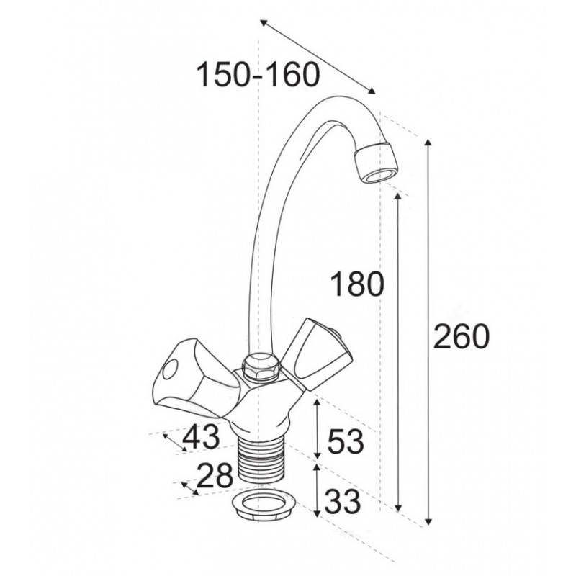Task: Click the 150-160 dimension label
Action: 258,75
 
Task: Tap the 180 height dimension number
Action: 357,284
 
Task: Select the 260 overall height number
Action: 462,336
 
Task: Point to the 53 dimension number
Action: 346,441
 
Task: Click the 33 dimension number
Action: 343,501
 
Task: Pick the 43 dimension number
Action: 201,437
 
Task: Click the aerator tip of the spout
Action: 377,163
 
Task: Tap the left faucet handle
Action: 194,377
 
